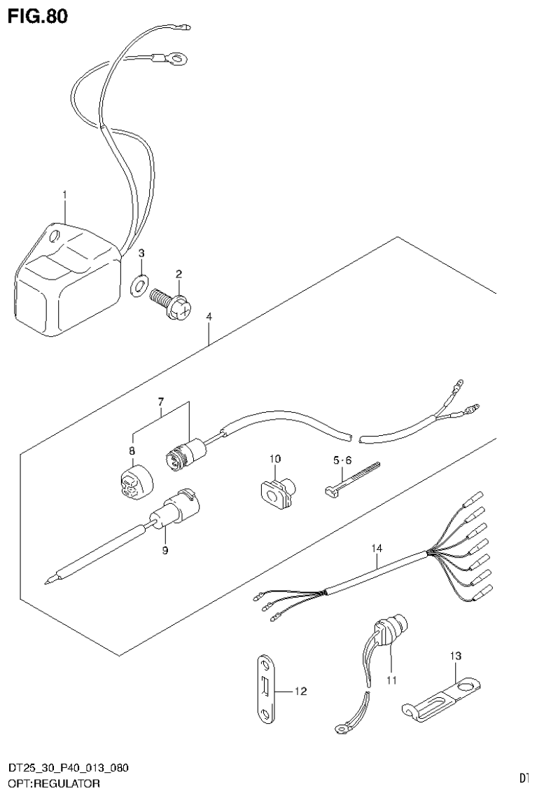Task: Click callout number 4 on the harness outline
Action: point(209,317)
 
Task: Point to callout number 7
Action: point(160,402)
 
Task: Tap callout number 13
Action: point(456,657)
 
